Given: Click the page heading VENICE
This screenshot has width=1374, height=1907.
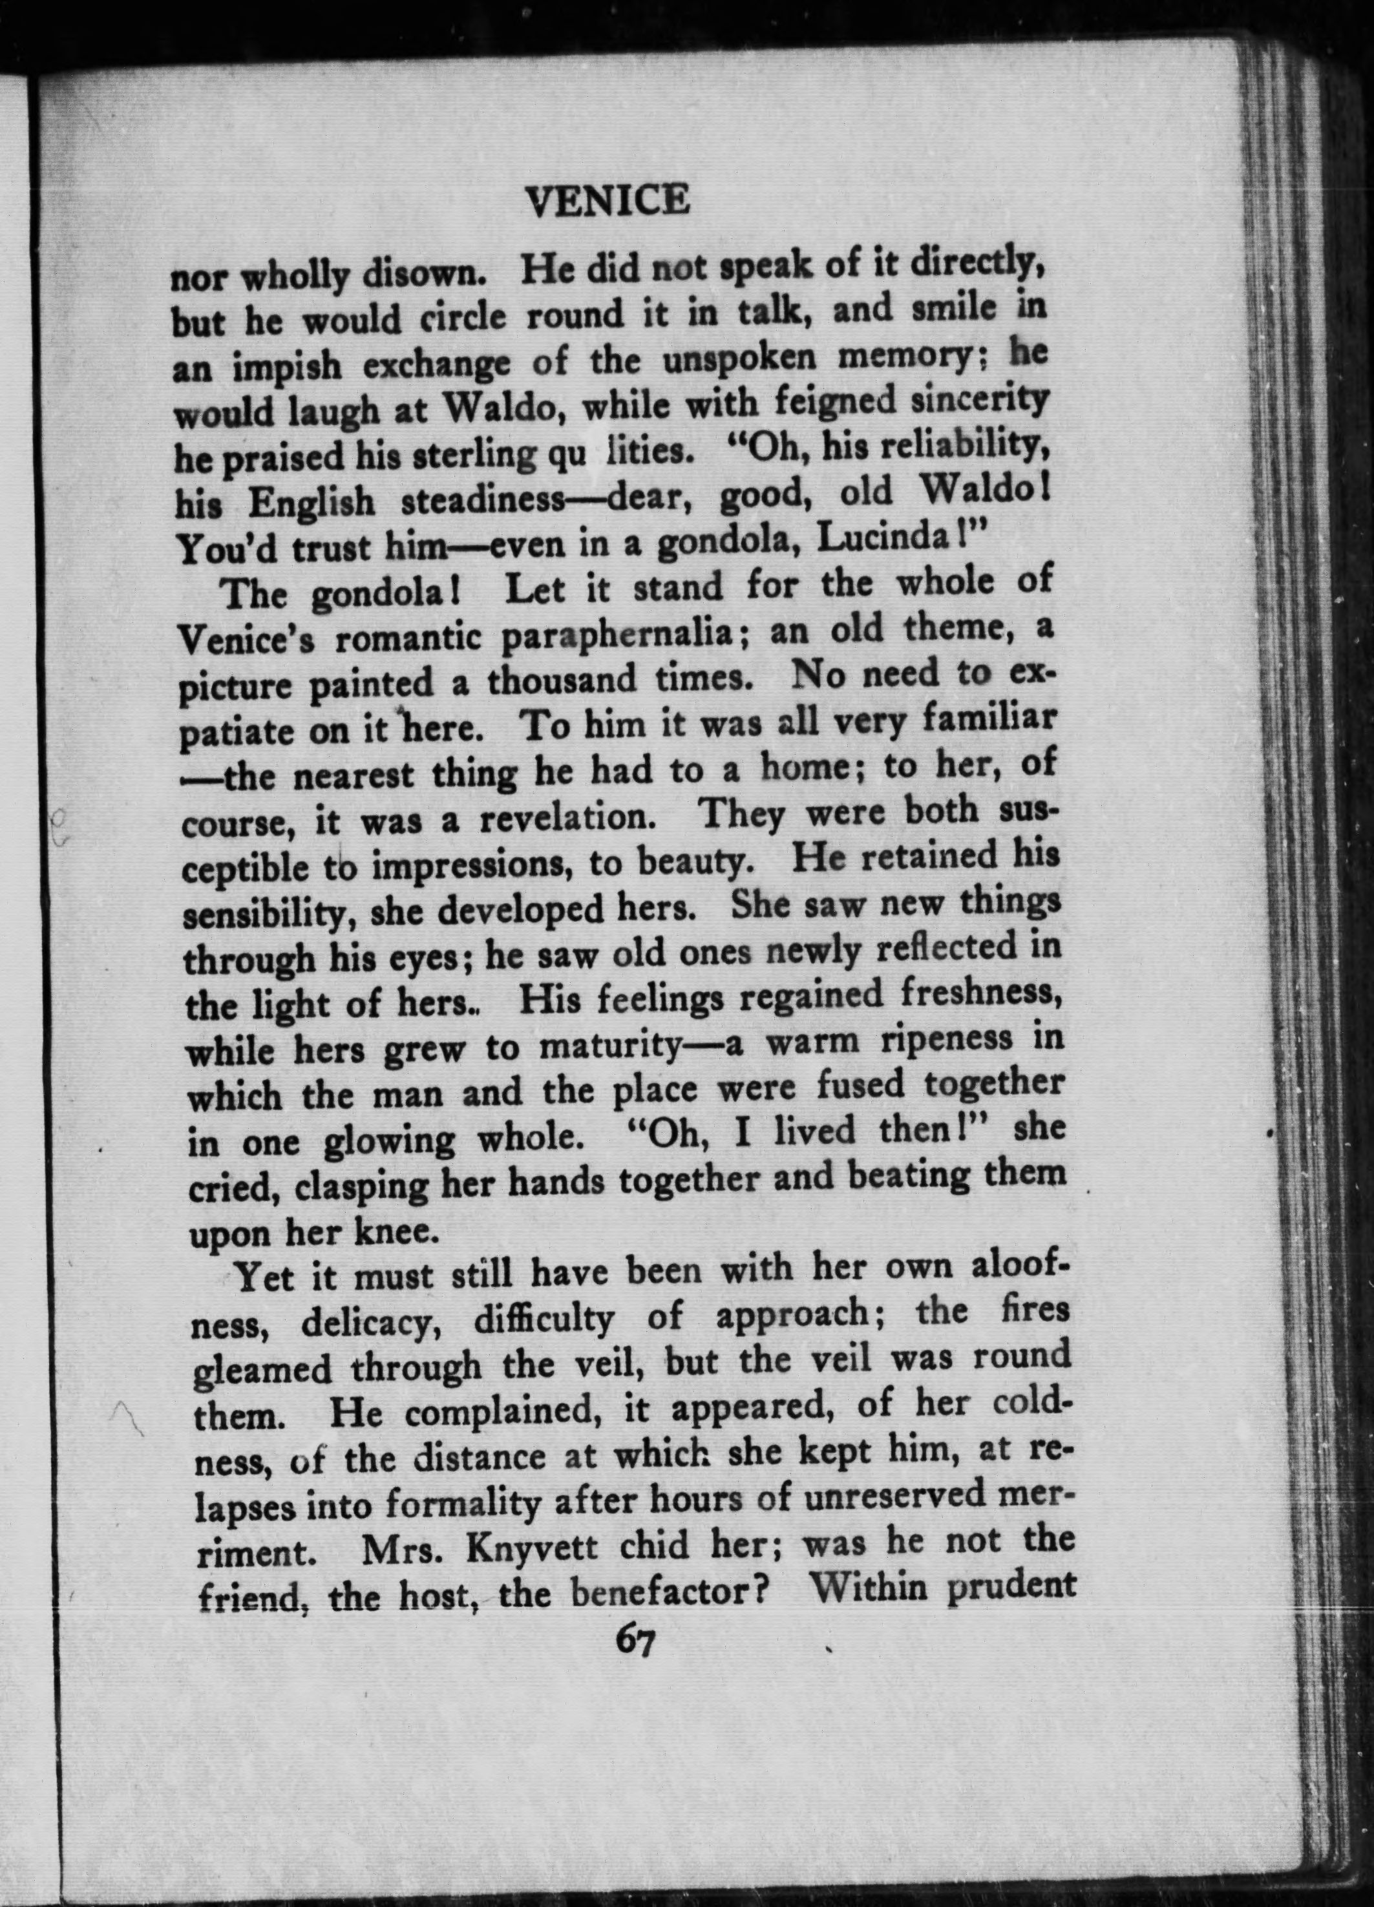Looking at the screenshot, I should pyautogui.click(x=606, y=201).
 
